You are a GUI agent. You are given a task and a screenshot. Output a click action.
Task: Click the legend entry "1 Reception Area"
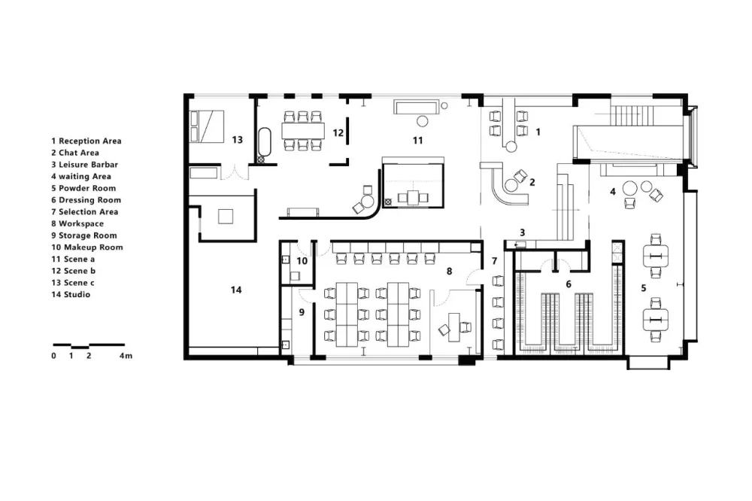click(x=86, y=141)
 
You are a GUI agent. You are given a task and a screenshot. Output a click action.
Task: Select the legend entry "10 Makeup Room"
click(x=87, y=247)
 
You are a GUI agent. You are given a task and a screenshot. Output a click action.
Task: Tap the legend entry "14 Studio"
click(x=71, y=295)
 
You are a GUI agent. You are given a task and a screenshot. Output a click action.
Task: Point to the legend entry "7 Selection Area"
click(x=85, y=212)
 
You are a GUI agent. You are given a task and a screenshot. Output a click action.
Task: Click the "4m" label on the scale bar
click(x=126, y=356)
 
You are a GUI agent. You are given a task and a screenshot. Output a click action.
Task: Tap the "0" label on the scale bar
click(x=53, y=356)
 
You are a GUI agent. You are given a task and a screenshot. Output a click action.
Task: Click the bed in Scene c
click(x=207, y=126)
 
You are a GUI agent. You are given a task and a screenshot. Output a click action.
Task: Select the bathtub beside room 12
click(x=265, y=145)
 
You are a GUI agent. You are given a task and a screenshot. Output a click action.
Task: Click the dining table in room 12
click(x=302, y=131)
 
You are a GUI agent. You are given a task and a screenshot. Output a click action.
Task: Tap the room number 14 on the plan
click(x=236, y=290)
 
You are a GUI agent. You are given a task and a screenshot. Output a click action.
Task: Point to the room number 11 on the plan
click(x=417, y=140)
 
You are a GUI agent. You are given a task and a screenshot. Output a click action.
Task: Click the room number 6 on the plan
click(x=569, y=284)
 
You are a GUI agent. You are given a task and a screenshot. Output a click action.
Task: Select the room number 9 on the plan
click(x=302, y=312)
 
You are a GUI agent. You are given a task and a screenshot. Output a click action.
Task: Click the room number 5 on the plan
click(x=644, y=288)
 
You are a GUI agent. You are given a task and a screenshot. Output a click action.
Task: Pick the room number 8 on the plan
click(x=450, y=271)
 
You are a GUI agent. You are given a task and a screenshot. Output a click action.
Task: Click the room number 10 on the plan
click(x=302, y=261)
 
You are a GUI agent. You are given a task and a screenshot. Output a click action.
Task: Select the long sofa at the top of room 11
click(x=417, y=107)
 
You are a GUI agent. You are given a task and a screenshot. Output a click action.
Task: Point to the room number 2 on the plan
click(x=532, y=182)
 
